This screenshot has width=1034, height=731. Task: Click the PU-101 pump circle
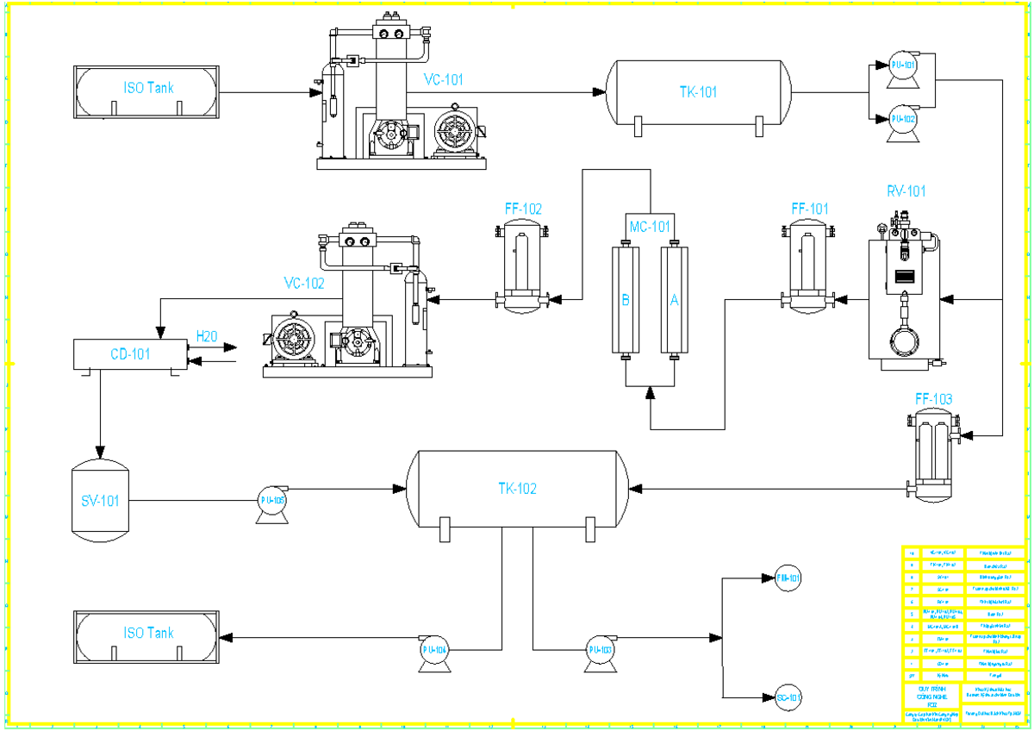tap(903, 66)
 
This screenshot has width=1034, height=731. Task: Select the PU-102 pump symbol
tap(903, 119)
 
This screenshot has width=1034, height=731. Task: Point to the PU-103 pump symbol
tap(601, 649)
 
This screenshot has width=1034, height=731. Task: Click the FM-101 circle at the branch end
tap(788, 578)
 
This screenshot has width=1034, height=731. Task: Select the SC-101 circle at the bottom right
tap(788, 697)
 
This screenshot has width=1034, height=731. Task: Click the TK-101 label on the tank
tap(698, 92)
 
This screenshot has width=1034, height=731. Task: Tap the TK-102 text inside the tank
tap(517, 489)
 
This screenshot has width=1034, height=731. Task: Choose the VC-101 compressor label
tap(444, 79)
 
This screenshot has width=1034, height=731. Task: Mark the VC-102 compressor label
tap(304, 283)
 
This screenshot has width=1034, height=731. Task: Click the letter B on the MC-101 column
tap(626, 301)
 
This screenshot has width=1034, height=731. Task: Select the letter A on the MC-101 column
tap(675, 301)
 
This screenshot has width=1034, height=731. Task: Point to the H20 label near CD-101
tap(207, 335)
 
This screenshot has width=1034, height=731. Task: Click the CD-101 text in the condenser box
tap(130, 354)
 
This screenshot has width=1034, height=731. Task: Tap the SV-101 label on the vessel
tap(99, 501)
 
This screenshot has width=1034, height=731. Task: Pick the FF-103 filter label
tap(934, 399)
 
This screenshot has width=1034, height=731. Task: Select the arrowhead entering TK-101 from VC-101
tap(597, 92)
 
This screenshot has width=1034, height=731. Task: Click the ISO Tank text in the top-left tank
tap(147, 87)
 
